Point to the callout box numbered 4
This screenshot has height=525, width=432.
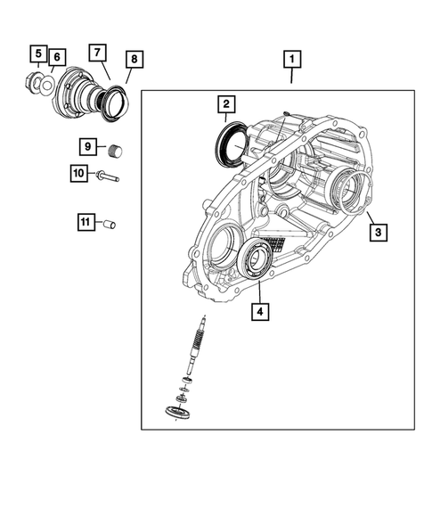(259, 312)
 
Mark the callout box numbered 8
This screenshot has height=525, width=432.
(133, 60)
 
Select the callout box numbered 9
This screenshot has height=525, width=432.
(88, 146)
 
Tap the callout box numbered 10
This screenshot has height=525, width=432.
(78, 174)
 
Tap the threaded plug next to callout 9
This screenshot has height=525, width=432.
(114, 149)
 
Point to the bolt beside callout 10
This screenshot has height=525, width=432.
(107, 176)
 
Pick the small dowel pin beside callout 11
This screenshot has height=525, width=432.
(110, 225)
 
